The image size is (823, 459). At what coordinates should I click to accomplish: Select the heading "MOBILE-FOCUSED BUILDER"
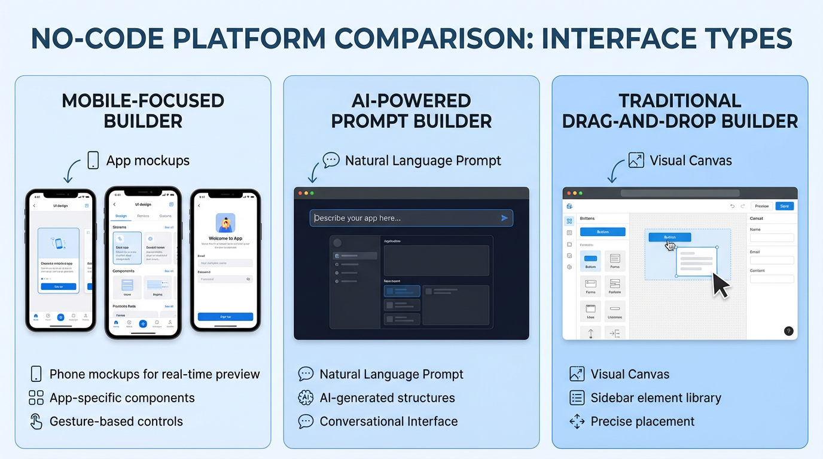143,111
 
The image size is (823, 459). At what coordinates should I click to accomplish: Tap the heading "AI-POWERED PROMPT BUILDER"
411,111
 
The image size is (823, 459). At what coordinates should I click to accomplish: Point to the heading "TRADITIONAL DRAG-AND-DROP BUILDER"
679,111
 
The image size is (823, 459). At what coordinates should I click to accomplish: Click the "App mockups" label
147,161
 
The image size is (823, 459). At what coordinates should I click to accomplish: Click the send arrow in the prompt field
504,218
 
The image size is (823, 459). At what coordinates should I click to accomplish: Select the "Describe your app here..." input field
401,218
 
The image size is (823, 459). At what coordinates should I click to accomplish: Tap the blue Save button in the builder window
784,206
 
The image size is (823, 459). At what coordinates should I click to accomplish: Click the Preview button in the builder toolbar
761,206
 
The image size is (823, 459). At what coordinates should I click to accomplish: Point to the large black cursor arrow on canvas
720,284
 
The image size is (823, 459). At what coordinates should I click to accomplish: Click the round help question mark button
788,331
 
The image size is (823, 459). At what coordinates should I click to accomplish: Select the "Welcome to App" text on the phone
225,238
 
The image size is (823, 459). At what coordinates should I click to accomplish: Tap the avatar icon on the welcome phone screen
225,223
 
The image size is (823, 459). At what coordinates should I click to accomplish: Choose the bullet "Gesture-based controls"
116,421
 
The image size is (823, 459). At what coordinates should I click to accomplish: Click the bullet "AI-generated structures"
387,398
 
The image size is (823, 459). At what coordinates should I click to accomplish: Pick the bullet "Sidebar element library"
656,398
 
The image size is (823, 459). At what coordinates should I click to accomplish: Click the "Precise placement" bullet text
642,421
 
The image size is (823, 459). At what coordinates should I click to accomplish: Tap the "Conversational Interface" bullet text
388,421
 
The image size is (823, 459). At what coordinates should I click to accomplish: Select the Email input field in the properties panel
772,260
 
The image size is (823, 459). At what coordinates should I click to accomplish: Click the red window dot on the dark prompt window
300,193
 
